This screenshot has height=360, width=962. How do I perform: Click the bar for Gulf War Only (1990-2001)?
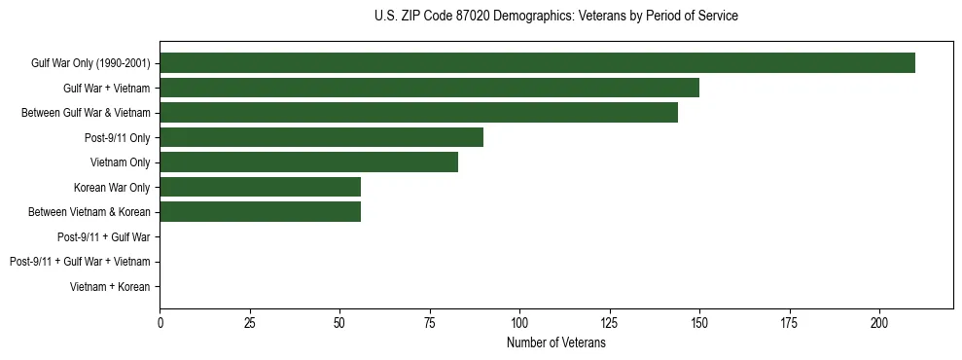[x=537, y=63]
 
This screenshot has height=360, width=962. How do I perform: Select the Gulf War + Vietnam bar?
[x=429, y=88]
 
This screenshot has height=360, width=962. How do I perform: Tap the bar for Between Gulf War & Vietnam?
[x=418, y=113]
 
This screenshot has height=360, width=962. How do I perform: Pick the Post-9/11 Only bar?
[x=321, y=137]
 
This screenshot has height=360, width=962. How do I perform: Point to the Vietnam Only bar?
[x=308, y=162]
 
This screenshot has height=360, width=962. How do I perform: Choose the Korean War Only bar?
[x=260, y=187]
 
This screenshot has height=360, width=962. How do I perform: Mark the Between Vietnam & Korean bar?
[x=260, y=212]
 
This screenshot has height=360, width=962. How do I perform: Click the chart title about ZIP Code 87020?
[x=555, y=17]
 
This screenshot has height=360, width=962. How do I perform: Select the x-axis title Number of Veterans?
[x=555, y=343]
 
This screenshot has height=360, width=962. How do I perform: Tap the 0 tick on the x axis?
[x=160, y=323]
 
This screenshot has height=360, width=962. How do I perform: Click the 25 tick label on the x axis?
[x=250, y=323]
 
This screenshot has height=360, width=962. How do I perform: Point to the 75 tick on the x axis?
[x=430, y=323]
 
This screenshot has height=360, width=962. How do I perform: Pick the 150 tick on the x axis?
[x=699, y=323]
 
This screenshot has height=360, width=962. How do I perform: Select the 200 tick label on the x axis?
[x=879, y=323]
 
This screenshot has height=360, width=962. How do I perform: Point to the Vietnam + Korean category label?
[x=110, y=287]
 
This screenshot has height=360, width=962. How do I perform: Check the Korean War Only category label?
[x=112, y=187]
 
